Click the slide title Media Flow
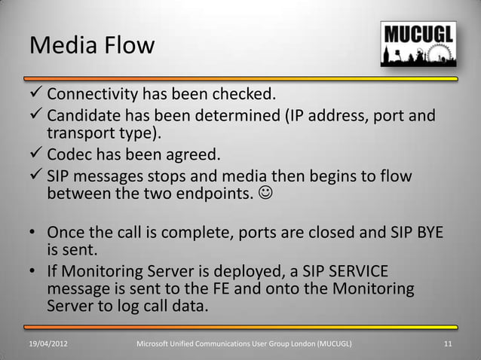point(91,45)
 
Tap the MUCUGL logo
point(415,45)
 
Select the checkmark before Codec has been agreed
point(36,156)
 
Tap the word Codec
point(72,156)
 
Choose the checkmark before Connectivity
point(36,96)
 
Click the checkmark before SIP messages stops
point(36,176)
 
